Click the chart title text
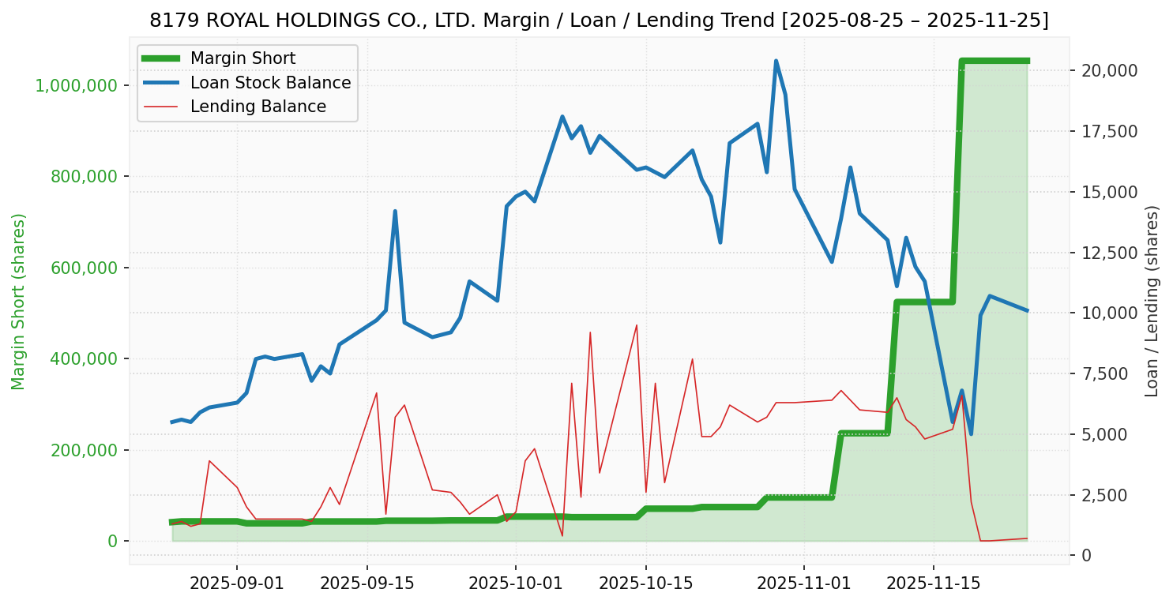[x=599, y=21]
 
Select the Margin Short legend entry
[x=242, y=58]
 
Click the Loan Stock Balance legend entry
[x=270, y=83]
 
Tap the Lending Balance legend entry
[x=258, y=107]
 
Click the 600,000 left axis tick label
[x=84, y=268]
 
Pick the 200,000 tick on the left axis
[x=84, y=450]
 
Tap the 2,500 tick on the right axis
[x=1106, y=495]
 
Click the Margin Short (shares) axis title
[x=19, y=302]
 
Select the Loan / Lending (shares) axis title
[x=1152, y=302]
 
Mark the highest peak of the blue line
[x=776, y=61]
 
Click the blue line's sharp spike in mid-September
[x=395, y=212]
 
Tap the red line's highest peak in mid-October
[x=637, y=325]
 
